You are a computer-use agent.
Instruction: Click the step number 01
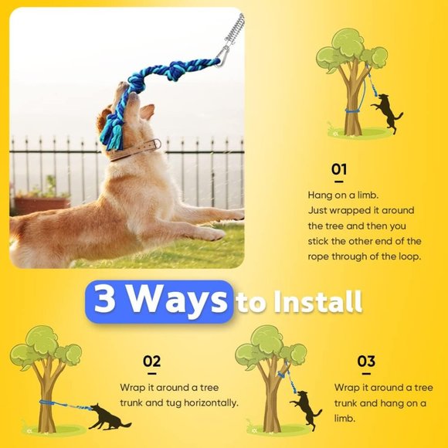coord(339,169)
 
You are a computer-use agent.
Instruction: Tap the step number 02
coord(151,361)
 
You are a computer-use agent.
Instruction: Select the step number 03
coord(366,361)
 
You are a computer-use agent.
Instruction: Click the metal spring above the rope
coord(233,30)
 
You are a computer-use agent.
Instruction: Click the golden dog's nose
coord(122,87)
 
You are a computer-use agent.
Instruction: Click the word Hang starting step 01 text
coord(321,195)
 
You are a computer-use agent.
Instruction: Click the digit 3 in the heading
coord(104,300)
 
